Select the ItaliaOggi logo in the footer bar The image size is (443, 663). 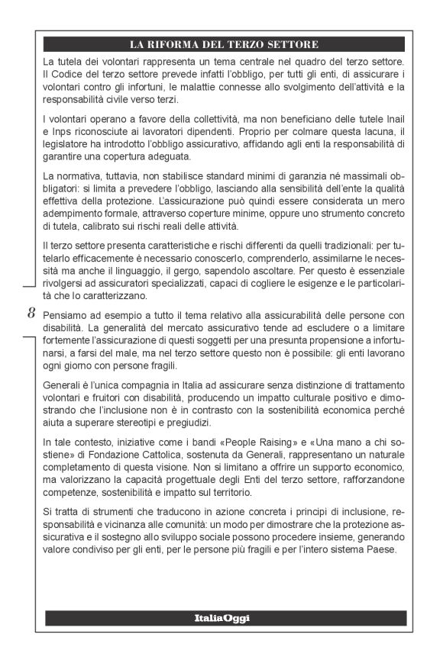click(221, 616)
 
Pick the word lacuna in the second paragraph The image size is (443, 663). click(360, 132)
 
